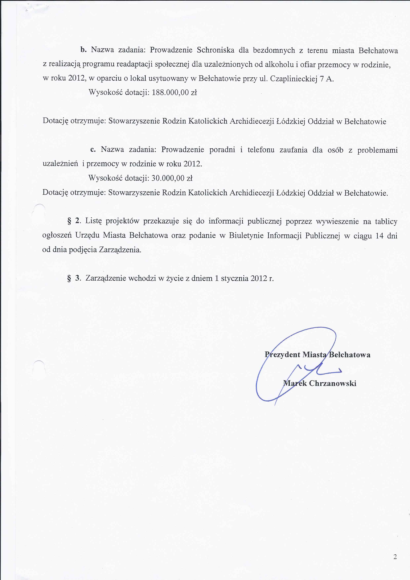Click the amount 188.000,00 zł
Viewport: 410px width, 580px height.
pyautogui.click(x=174, y=93)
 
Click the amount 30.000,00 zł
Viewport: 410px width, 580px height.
pyautogui.click(x=172, y=179)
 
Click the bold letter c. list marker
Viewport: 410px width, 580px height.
pyautogui.click(x=93, y=150)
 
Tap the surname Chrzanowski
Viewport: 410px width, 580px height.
pyautogui.click(x=332, y=383)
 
